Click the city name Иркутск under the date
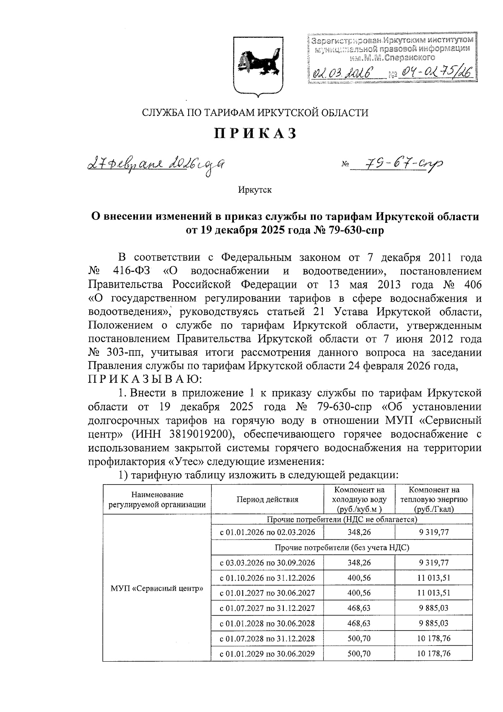click(x=255, y=190)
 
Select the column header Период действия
click(x=267, y=499)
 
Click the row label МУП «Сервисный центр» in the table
click(x=157, y=588)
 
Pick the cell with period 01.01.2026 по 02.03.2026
click(x=267, y=532)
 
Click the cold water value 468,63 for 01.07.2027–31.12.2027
click(x=359, y=608)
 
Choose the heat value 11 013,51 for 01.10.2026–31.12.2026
click(x=434, y=578)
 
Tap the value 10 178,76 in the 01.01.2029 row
click(x=434, y=653)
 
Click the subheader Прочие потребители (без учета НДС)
click(x=342, y=548)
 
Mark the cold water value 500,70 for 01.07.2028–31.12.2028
click(x=359, y=638)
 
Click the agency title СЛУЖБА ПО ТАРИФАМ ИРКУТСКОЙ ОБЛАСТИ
click(x=255, y=112)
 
